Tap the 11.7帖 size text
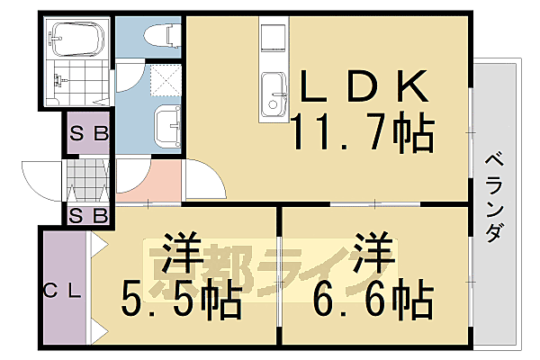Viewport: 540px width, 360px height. tap(362, 132)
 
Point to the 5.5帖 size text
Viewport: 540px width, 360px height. tap(183, 299)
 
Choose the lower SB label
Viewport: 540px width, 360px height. tap(88, 215)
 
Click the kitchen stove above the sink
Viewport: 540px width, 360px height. tap(273, 40)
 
